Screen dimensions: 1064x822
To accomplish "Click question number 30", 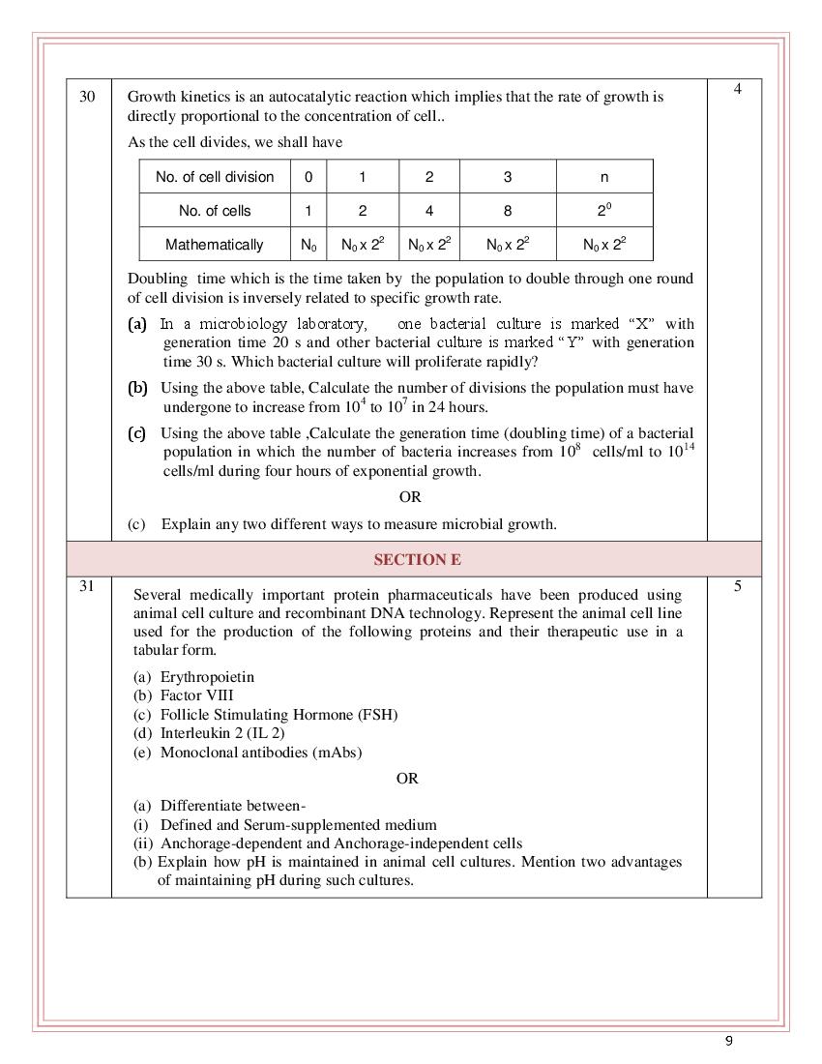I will pos(87,97).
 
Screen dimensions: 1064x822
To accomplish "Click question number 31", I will pos(87,585).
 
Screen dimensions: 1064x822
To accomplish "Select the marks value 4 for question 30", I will pos(737,90).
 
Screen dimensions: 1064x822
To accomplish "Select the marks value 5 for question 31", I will pos(737,585).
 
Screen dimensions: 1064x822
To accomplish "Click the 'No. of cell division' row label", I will pos(215,177).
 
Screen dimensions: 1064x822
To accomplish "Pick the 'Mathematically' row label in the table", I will pos(215,245).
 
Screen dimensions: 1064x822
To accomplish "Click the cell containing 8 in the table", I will pos(508,211).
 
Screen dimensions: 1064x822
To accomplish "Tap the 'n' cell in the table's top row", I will pos(604,177).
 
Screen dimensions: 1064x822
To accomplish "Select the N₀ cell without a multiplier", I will pos(308,245).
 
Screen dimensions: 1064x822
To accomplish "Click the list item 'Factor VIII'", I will pos(196,695).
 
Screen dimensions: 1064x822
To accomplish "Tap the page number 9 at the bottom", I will pos(729,1041).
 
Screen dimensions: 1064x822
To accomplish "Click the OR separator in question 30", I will pos(410,497).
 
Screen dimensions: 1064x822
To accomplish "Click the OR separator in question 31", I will pos(407,778).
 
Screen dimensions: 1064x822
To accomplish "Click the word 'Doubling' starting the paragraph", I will pos(156,279).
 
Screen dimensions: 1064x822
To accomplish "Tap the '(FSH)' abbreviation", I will pos(377,715).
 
